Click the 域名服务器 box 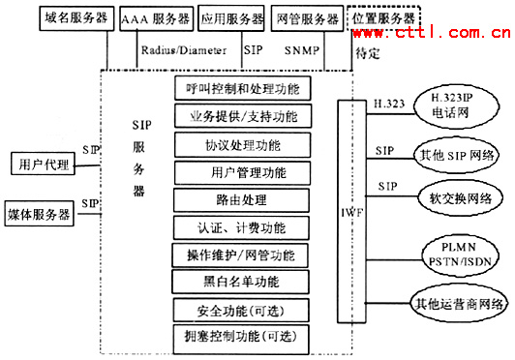click(76, 18)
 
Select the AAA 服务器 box click(156, 18)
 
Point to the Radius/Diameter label click(183, 45)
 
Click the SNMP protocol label click(299, 45)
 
